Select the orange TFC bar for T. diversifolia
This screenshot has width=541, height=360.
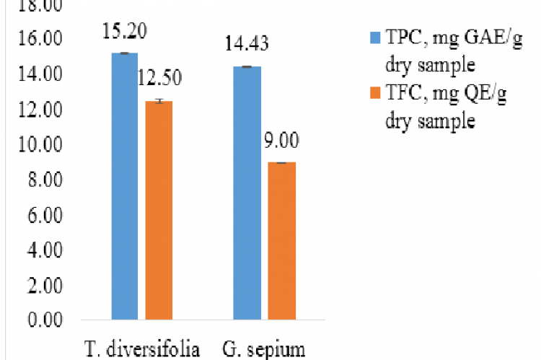point(159,210)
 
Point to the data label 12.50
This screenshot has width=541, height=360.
point(159,78)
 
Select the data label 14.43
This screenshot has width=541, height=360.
point(247,45)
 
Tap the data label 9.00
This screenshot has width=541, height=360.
point(282,139)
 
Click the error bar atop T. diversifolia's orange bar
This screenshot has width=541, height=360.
point(159,101)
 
